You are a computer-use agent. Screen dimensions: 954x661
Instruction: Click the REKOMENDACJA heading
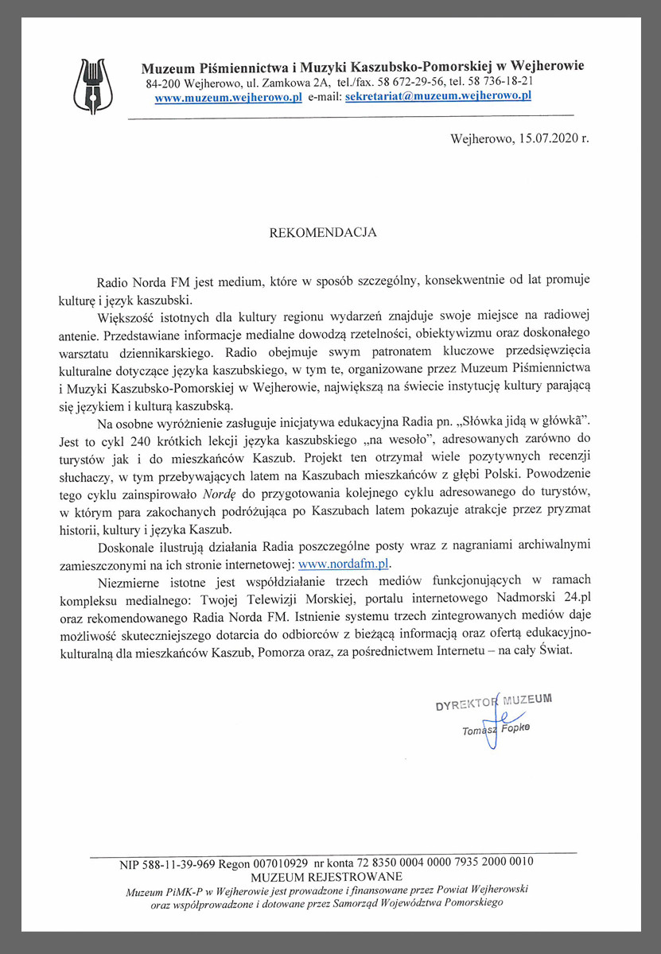(x=321, y=234)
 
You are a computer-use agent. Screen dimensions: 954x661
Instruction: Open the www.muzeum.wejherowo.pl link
(x=228, y=97)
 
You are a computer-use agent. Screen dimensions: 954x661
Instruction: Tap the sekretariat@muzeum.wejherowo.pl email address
(x=437, y=96)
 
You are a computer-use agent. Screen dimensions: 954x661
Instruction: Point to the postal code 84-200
(x=162, y=83)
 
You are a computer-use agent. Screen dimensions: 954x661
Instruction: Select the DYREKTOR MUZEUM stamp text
(x=493, y=702)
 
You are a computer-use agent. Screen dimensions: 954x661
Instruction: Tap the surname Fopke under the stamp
(x=516, y=728)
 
